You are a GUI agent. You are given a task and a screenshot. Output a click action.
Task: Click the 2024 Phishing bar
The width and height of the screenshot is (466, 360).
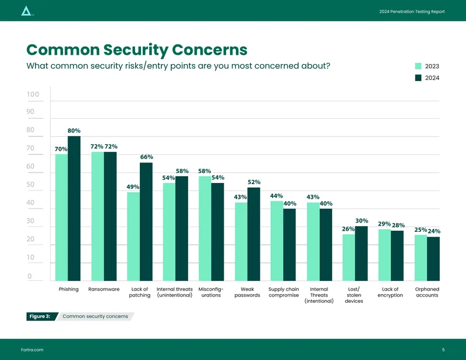pyautogui.click(x=74, y=209)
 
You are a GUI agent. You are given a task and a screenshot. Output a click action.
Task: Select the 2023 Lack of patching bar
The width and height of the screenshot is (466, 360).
pyautogui.click(x=133, y=237)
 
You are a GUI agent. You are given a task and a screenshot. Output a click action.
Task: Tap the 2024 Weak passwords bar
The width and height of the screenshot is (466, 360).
pyautogui.click(x=253, y=234)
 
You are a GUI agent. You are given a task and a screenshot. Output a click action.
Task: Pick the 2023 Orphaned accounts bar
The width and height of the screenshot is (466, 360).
pyautogui.click(x=421, y=257)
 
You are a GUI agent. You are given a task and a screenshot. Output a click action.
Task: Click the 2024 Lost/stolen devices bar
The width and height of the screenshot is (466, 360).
pyautogui.click(x=361, y=253)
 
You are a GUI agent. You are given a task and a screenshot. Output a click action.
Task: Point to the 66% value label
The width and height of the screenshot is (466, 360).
pyautogui.click(x=147, y=157)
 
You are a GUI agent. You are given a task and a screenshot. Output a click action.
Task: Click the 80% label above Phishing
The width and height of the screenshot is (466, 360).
pyautogui.click(x=74, y=130)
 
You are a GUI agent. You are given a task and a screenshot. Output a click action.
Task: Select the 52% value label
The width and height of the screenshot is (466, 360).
pyautogui.click(x=254, y=182)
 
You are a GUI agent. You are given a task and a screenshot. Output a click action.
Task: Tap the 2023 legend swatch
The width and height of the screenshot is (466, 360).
pyautogui.click(x=418, y=66)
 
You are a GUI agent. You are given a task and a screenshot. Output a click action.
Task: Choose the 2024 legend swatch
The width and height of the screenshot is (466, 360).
pyautogui.click(x=418, y=77)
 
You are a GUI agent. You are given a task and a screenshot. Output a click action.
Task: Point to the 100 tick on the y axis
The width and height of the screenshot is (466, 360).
pyautogui.click(x=33, y=94)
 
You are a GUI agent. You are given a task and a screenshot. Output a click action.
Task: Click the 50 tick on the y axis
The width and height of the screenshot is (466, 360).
pyautogui.click(x=30, y=184)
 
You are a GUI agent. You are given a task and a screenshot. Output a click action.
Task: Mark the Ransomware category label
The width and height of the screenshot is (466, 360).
pyautogui.click(x=104, y=290)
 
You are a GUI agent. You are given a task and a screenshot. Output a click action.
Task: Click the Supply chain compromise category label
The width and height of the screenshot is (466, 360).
pyautogui.click(x=284, y=292)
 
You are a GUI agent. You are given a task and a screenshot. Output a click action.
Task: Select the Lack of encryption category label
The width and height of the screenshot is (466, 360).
pyautogui.click(x=390, y=292)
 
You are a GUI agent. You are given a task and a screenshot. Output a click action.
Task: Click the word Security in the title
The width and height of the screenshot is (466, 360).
pyautogui.click(x=136, y=50)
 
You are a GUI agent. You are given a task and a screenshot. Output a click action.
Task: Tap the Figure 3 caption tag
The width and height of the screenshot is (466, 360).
pyautogui.click(x=40, y=316)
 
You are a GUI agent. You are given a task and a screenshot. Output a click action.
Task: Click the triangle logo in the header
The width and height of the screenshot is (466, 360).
pyautogui.click(x=26, y=11)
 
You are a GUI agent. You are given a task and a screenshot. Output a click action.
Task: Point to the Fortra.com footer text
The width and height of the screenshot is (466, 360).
pyautogui.click(x=32, y=350)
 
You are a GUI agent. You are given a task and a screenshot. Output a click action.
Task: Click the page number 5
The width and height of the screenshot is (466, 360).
pyautogui.click(x=443, y=350)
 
